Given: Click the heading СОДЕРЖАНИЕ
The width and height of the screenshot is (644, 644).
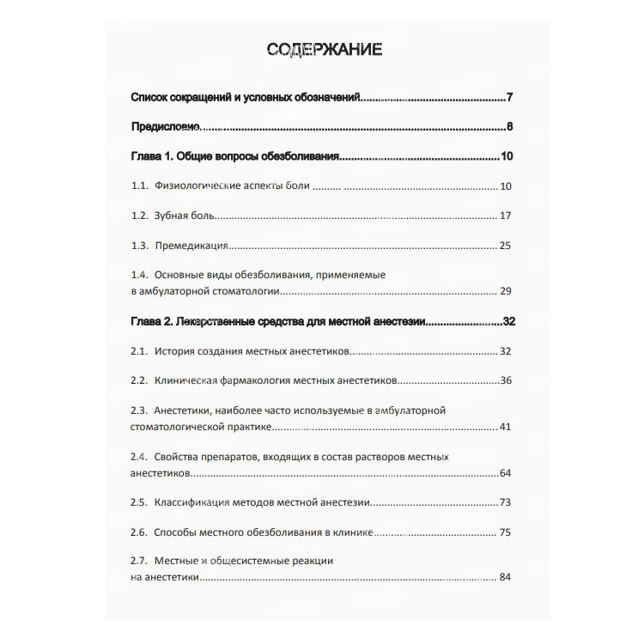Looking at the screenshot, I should coord(325,49).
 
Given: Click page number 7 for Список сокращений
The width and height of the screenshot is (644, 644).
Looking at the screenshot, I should coord(510,96).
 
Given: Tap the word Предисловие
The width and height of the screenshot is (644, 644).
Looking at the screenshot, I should coord(166,127).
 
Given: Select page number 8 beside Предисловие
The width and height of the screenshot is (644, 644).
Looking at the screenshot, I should coord(510,127).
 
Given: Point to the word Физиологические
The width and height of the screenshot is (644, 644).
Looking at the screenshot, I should coord(196,186).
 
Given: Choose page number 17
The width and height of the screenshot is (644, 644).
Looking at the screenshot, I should coord(505,216).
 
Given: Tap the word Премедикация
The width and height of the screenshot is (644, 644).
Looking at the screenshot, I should coord(191,246).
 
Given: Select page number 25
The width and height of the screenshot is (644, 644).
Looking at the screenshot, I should coord(505,246).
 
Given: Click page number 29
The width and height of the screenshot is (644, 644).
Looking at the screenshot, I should coord(505,291).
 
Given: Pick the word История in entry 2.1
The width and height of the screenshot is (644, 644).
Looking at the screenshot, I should coord(176,351).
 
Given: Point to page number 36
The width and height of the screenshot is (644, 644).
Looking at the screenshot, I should coord(505,380).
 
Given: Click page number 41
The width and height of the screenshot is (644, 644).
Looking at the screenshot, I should coord(505,426).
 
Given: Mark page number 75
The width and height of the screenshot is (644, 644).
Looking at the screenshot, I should coord(505,532).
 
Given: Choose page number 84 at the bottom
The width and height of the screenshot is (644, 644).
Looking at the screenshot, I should coord(505,577).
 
